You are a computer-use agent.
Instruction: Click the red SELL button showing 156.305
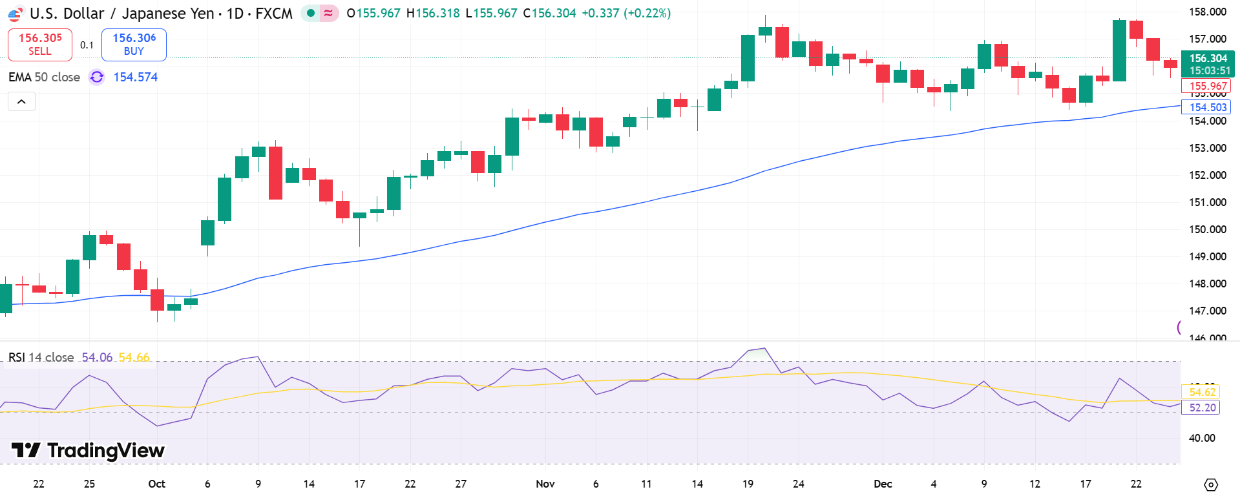point(39,44)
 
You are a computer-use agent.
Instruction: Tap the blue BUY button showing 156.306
point(134,44)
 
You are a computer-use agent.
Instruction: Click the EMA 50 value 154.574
point(135,77)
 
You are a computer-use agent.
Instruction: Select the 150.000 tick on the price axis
point(1207,229)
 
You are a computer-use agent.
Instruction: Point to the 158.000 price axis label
point(1207,12)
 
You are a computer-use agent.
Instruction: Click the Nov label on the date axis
point(545,484)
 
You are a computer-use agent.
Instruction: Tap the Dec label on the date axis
point(882,484)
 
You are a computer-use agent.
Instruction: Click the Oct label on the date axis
point(156,484)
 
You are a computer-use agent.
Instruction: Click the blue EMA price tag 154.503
point(1207,107)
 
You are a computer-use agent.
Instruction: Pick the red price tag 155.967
point(1207,86)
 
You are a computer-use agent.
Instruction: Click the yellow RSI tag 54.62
point(1202,392)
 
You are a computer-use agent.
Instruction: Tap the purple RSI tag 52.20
point(1202,408)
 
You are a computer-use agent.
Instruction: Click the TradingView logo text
point(105,450)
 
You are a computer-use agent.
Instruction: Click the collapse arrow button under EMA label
point(21,101)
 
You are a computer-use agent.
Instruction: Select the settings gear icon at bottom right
point(1211,484)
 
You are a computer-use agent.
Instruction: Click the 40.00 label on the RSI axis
point(1201,438)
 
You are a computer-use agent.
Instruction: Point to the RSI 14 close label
point(41,357)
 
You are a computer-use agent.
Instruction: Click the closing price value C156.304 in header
point(549,13)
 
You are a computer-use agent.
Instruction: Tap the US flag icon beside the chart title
point(16,14)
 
